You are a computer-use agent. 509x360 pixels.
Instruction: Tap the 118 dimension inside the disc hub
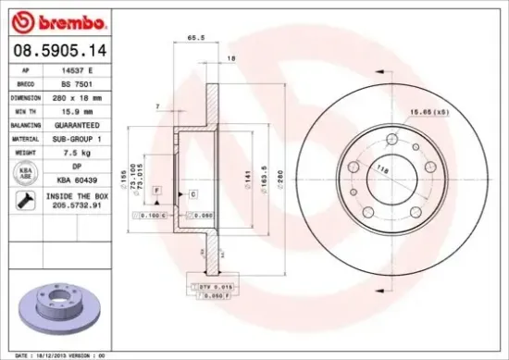pyautogui.click(x=380, y=168)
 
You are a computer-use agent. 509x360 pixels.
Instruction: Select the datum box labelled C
pyautogui.click(x=192, y=193)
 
